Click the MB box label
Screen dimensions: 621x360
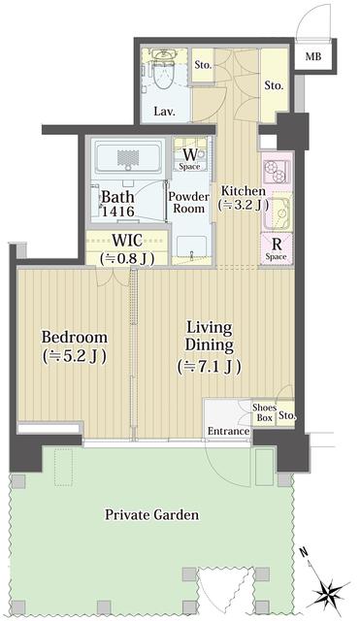click(x=312, y=57)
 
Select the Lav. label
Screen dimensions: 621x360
click(x=165, y=112)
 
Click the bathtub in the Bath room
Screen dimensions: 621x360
click(x=127, y=157)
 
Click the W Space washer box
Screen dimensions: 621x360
click(x=189, y=158)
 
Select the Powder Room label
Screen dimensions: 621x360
click(x=188, y=202)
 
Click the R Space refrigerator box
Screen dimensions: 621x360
click(x=276, y=248)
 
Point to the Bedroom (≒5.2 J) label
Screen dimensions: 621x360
click(x=73, y=345)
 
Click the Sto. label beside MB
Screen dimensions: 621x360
click(x=275, y=85)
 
